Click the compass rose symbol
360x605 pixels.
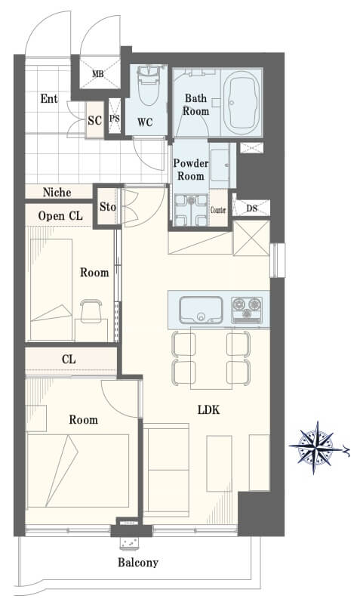pos(316,448)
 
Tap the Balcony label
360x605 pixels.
pos(138,563)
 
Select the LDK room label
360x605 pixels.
pos(208,410)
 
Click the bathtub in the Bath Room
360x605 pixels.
pos(241,102)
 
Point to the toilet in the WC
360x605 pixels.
pos(148,85)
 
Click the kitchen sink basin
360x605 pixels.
pos(202,310)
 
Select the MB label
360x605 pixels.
pos(98,73)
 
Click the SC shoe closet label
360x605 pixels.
pos(95,120)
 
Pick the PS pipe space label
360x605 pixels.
pos(115,118)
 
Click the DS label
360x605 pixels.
pos(251,208)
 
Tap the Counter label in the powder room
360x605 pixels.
pos(218,210)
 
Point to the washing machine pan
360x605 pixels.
pos(191,209)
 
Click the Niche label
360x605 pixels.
pos(57,192)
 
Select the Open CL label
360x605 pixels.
pos(60,216)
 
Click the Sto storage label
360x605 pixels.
pos(107,207)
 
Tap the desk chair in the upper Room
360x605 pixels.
pos(91,311)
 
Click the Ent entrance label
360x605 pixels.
pos(49,99)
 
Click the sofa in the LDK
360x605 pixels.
pos(167,470)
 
